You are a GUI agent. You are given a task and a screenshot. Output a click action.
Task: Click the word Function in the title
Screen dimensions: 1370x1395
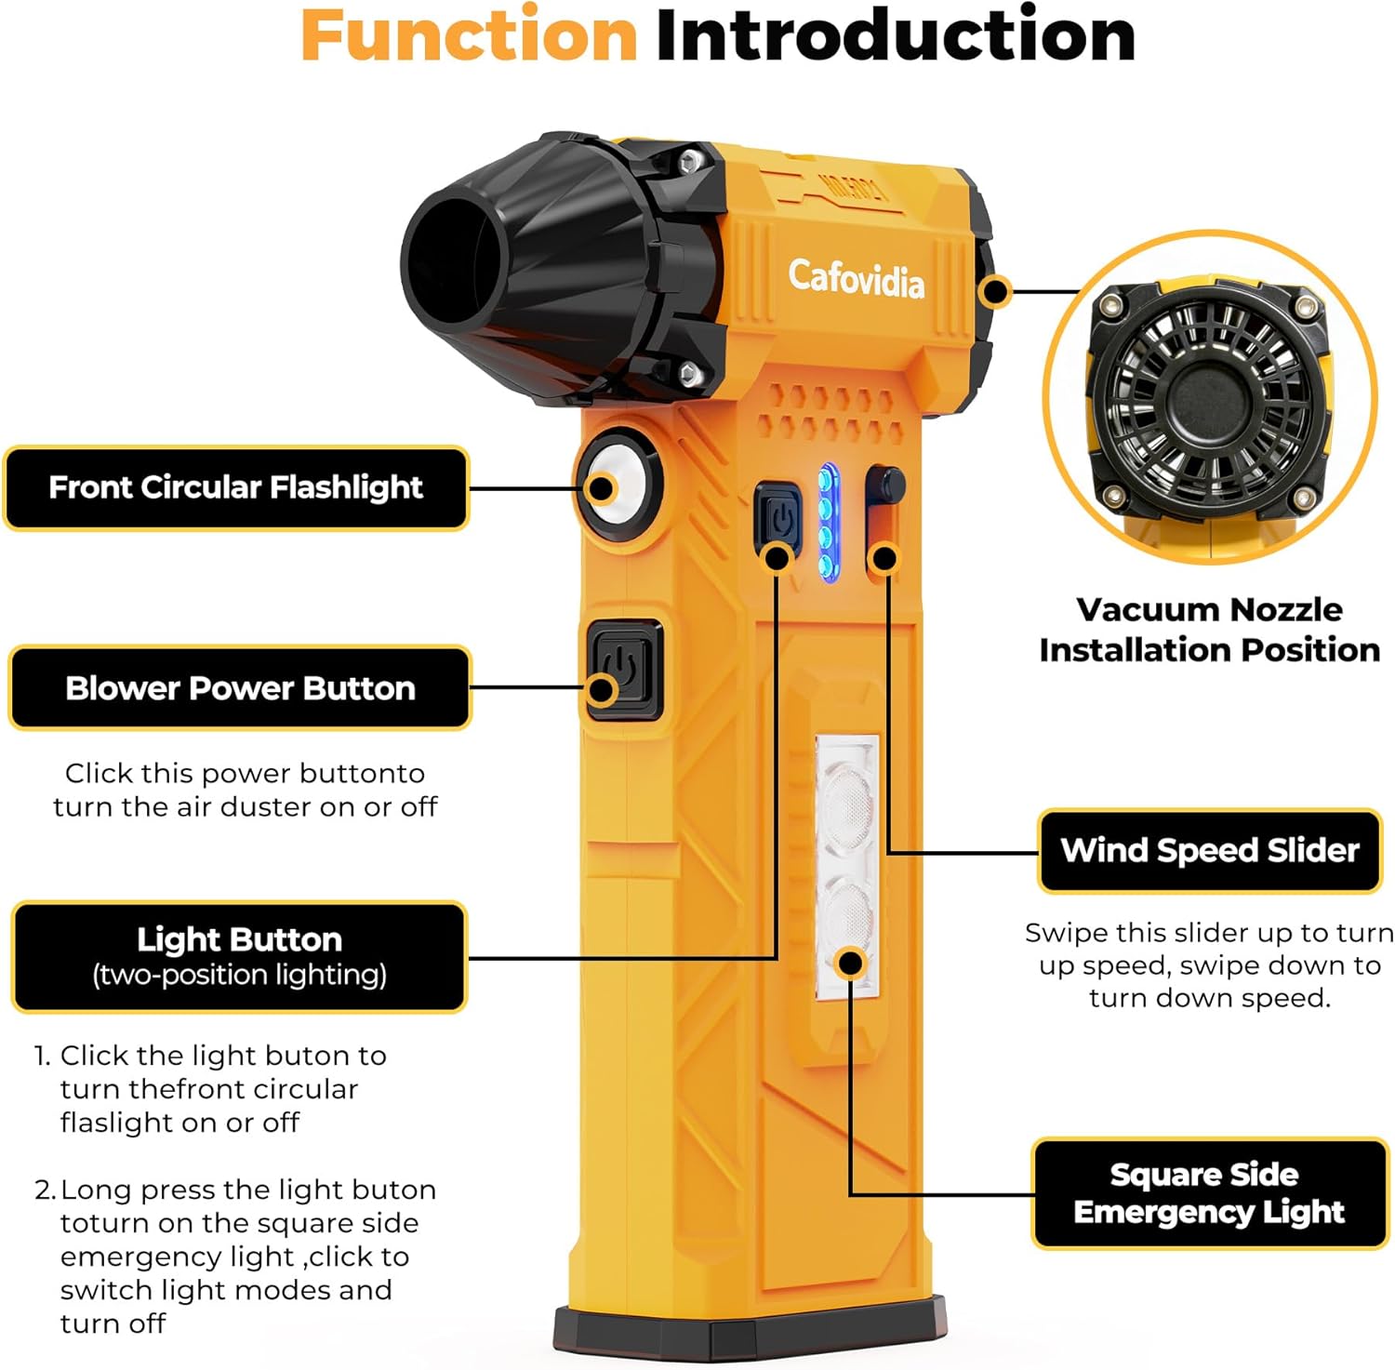click(469, 35)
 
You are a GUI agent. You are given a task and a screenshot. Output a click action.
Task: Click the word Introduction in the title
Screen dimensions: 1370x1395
click(895, 35)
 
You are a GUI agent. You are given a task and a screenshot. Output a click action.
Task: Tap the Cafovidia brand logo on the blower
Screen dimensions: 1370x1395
click(856, 278)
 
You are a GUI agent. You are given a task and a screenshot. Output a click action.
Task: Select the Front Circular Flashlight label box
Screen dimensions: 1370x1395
click(236, 488)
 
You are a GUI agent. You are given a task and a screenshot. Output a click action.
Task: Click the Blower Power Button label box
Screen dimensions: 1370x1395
click(240, 688)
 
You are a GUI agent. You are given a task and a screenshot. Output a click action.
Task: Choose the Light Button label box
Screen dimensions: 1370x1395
click(239, 956)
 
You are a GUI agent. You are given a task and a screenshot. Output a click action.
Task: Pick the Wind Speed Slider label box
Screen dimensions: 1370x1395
click(1209, 851)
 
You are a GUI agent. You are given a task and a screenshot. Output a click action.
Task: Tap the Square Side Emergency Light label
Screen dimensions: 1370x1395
click(1209, 1193)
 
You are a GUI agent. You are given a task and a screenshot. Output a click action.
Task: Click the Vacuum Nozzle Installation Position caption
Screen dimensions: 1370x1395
click(1209, 630)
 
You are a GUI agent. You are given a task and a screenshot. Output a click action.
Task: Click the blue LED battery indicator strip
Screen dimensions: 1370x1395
click(827, 523)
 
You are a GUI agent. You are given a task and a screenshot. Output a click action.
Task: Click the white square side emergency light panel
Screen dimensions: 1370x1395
click(846, 865)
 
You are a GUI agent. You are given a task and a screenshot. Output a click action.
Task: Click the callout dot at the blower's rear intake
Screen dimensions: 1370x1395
click(996, 291)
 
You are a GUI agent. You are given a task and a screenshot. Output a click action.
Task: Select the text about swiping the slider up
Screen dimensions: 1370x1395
click(1209, 965)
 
